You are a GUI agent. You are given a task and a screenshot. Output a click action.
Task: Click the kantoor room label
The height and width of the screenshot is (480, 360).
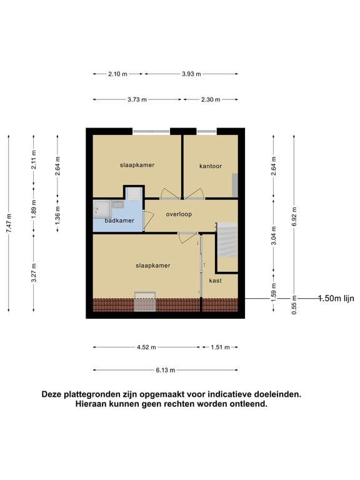point(211,166)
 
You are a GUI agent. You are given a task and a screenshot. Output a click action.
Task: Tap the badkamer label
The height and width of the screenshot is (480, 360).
point(119,221)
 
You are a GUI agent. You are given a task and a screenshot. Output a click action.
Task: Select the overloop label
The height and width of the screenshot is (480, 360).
point(179,214)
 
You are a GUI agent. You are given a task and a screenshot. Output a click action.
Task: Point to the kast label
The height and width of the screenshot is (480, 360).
point(215,281)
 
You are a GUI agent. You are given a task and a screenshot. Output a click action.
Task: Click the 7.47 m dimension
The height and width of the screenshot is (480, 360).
point(9,224)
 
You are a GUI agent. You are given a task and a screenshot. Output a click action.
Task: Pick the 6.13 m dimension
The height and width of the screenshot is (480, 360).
point(165,369)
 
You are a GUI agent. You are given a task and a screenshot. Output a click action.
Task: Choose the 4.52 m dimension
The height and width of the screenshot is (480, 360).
point(147,347)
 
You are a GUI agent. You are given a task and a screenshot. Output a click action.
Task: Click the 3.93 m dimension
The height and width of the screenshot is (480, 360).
point(191,74)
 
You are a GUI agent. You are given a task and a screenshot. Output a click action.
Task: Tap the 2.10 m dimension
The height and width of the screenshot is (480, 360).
point(117,74)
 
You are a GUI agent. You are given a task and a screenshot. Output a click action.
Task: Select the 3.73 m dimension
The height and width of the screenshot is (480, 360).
point(136,99)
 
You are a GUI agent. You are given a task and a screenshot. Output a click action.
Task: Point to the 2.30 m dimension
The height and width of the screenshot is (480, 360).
point(210,99)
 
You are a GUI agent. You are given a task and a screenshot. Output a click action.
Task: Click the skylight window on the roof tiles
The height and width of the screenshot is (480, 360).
point(145,302)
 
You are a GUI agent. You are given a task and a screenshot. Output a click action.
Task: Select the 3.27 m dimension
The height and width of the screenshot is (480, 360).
point(34,273)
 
